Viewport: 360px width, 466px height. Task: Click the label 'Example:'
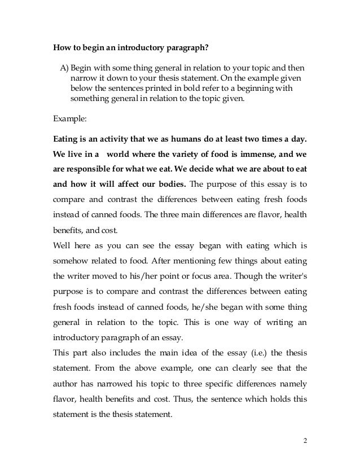(x=68, y=118)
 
